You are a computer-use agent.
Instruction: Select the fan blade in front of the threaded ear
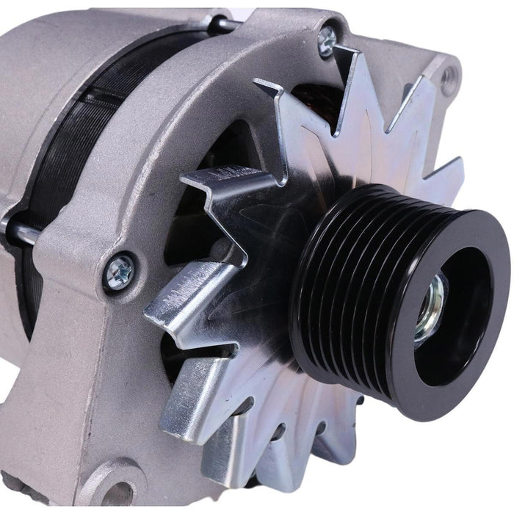click(419, 103)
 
